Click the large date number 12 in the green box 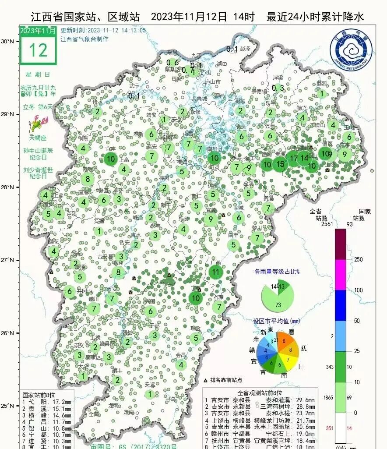[x=38, y=50]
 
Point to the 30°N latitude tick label [x=7, y=41]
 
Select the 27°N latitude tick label [x=7, y=260]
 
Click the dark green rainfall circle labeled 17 [x=294, y=158]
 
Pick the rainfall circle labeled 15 [x=280, y=164]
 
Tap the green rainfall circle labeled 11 [x=215, y=272]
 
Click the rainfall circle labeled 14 [x=304, y=158]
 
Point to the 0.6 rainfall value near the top [x=173, y=63]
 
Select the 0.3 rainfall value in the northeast [x=278, y=88]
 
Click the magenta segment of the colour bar [x=341, y=275]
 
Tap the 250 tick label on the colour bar [x=358, y=259]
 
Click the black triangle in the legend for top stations [x=206, y=380]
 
